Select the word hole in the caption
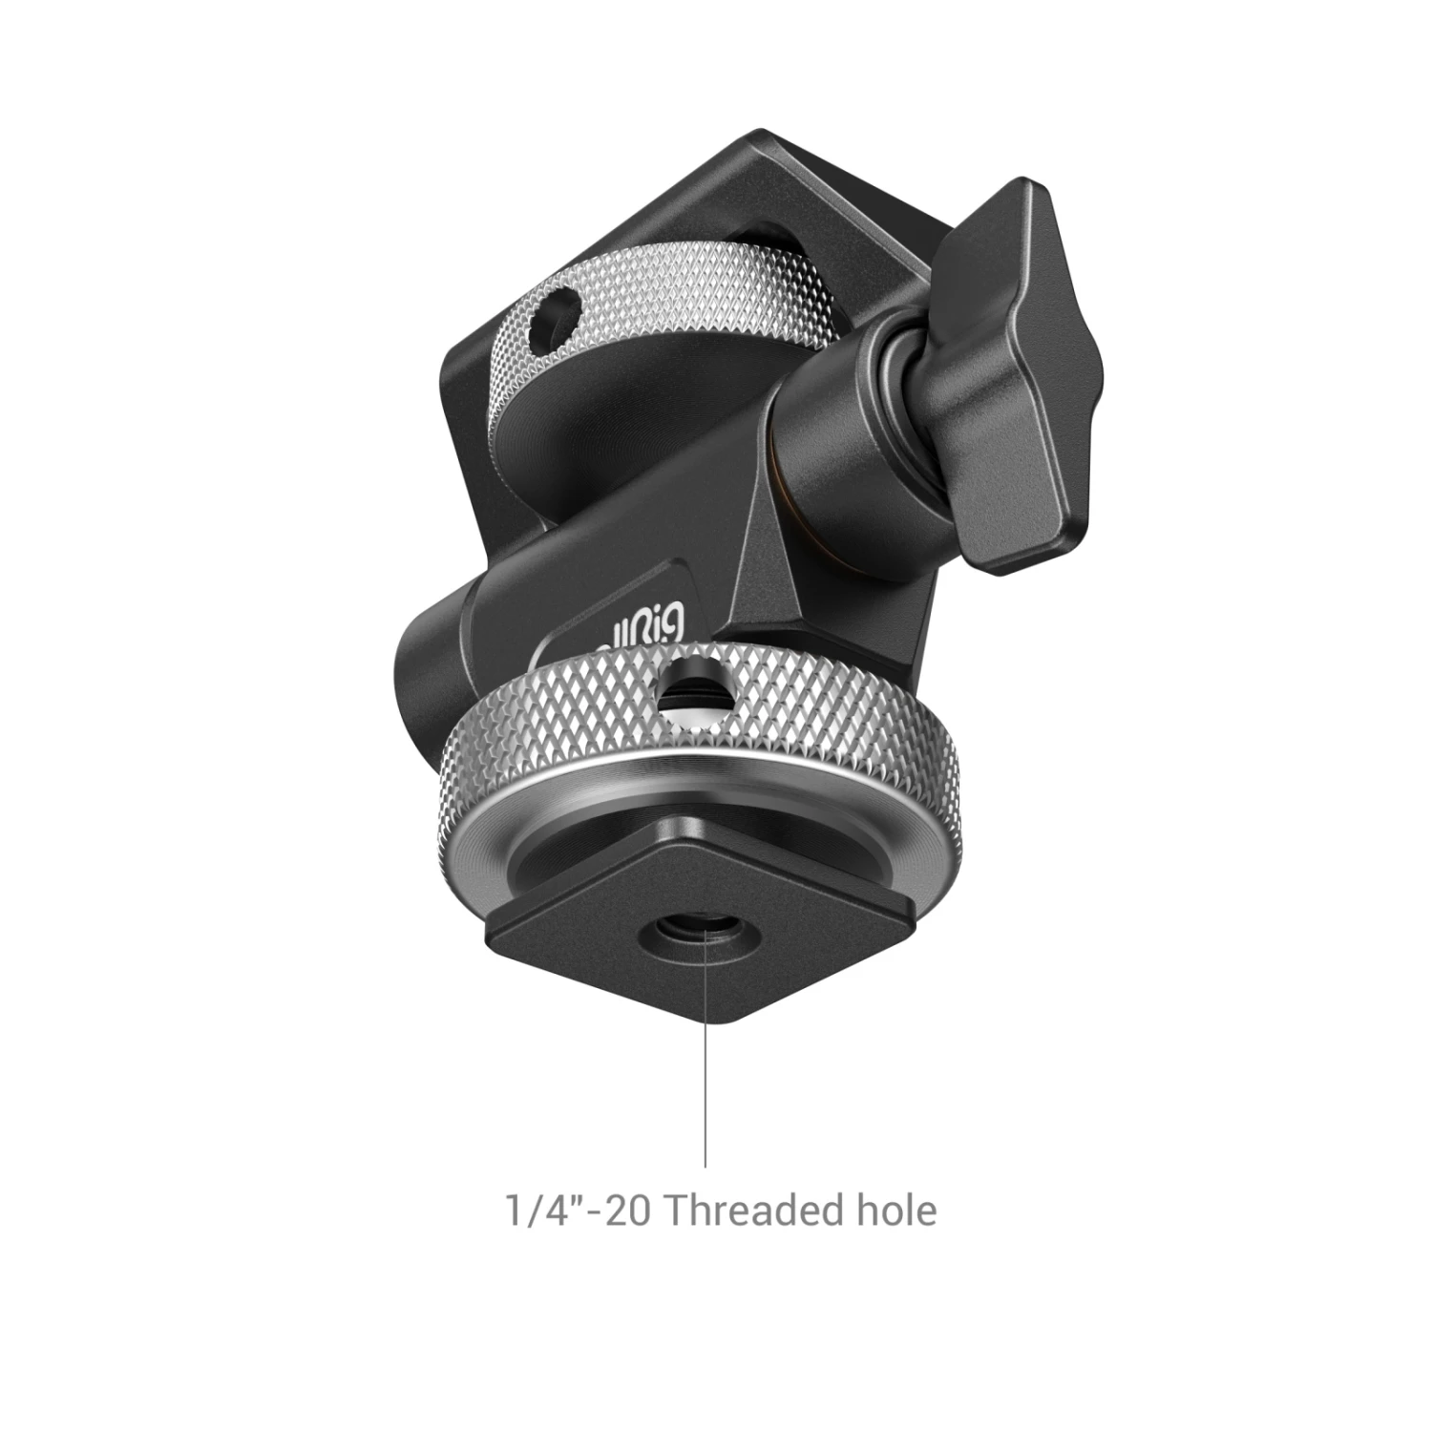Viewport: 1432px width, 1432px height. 892,1211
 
